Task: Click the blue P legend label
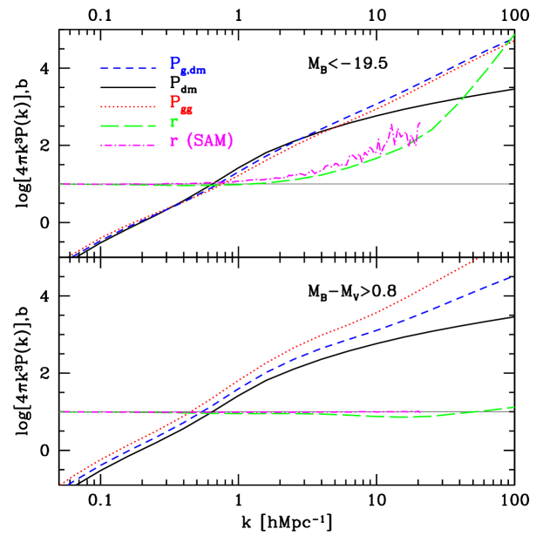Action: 175,64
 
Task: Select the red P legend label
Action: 174,104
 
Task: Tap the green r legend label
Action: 173,123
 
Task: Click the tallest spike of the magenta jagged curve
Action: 391,124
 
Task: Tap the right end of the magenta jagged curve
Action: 421,123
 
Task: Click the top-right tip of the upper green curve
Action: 513,35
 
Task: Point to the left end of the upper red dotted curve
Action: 71,255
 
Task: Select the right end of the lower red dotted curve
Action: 478,259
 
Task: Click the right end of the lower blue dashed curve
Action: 510,277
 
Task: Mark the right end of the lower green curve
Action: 513,407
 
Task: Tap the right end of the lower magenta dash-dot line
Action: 420,411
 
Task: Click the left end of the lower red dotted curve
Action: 61,483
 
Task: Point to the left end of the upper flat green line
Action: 59,184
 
